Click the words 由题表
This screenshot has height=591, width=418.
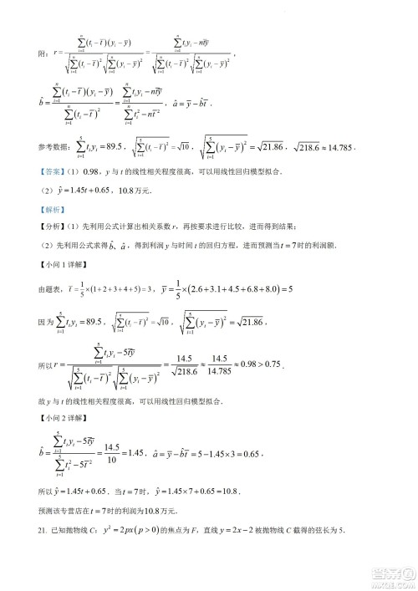pyautogui.click(x=48, y=289)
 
